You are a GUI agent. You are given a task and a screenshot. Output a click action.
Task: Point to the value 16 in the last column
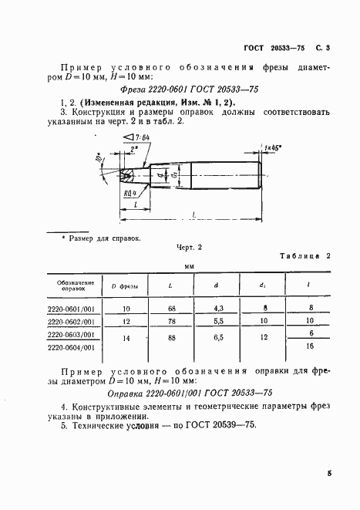311,347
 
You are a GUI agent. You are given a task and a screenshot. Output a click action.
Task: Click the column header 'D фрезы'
124,286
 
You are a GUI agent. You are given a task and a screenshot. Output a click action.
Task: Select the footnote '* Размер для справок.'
100,239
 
